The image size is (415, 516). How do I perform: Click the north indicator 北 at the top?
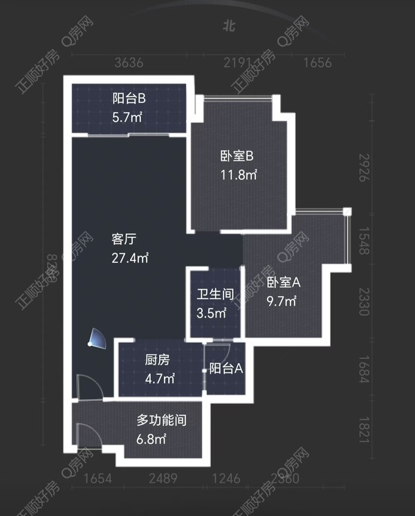(229, 27)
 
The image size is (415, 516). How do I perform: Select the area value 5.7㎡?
(127, 117)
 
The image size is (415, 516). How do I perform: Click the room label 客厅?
(124, 239)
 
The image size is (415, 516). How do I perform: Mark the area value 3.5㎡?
(212, 313)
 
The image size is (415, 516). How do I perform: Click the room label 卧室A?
(284, 282)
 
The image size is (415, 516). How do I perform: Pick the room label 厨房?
(157, 360)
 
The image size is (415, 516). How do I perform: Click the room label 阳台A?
(226, 369)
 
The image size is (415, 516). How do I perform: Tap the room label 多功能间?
(161, 419)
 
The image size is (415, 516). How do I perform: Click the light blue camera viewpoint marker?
(96, 338)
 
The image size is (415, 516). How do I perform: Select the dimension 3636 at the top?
(129, 64)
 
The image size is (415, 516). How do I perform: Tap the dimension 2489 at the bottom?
(163, 478)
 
